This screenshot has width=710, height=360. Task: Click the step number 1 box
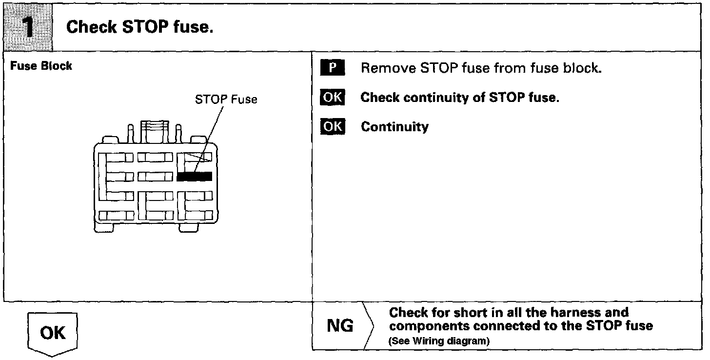click(x=28, y=27)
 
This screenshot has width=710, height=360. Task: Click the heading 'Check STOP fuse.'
click(x=140, y=27)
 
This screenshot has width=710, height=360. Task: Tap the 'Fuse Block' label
click(x=41, y=66)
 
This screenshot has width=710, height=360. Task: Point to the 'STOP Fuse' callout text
click(x=226, y=100)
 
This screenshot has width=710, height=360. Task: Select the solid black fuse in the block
click(x=194, y=176)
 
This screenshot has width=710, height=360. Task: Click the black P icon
click(x=332, y=68)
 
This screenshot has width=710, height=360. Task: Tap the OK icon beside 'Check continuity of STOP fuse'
click(x=332, y=98)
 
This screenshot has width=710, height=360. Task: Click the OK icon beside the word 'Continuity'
click(x=332, y=127)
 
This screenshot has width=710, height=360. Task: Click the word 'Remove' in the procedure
click(x=387, y=68)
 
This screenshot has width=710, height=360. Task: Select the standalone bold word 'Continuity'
click(x=394, y=127)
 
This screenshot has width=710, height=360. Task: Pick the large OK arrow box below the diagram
click(x=53, y=334)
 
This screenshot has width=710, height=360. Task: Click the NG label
click(x=340, y=326)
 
